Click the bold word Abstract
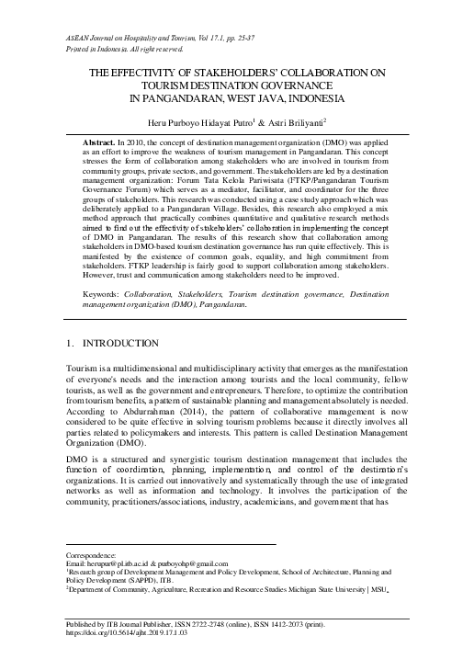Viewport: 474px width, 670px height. point(100,144)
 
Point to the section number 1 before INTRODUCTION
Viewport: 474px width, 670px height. point(72,343)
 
